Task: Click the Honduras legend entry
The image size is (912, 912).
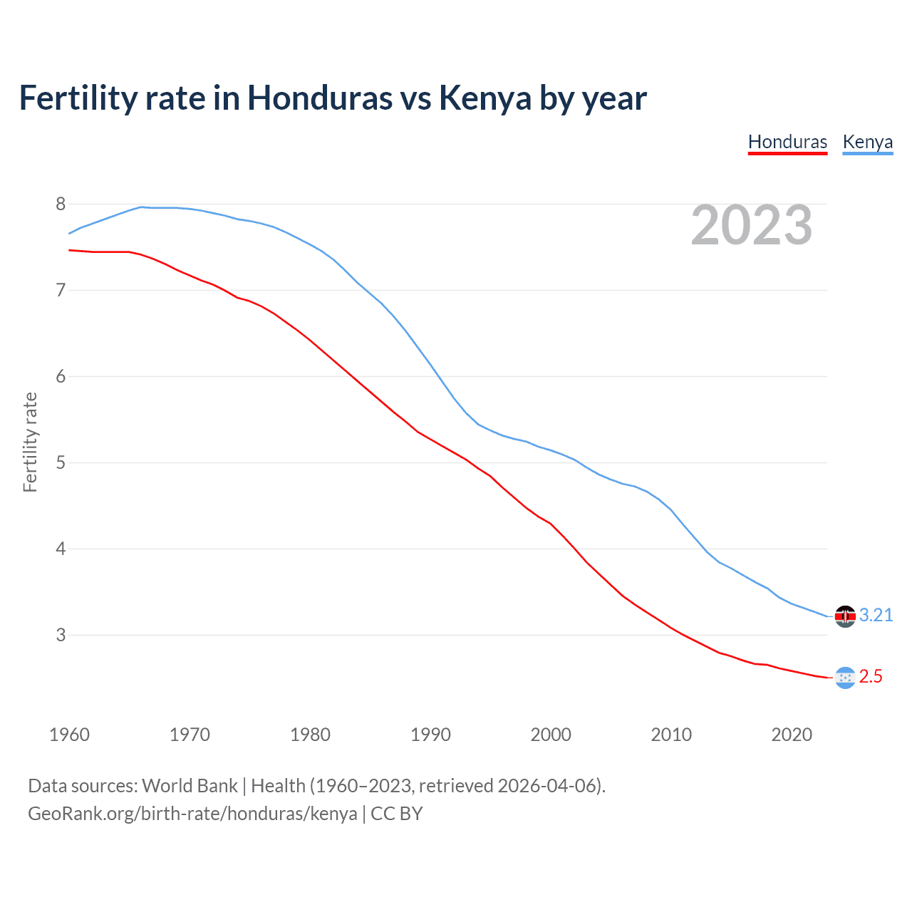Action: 787,142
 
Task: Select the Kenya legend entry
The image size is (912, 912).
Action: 867,142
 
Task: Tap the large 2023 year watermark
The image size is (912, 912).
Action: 751,225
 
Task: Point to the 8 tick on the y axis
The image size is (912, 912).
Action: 61,204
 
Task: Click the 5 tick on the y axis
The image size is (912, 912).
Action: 61,463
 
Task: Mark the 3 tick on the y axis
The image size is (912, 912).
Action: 61,635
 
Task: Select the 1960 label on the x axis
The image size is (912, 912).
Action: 69,735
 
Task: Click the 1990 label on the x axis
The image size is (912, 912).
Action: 430,735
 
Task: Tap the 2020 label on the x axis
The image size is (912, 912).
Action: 792,735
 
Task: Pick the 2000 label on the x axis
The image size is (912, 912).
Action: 551,735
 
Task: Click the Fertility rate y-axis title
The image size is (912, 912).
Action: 30,442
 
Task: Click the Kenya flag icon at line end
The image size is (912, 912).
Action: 845,616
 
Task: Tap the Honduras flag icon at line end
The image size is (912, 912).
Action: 845,678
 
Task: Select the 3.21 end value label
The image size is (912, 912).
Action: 876,616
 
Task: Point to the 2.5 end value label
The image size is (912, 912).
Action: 871,677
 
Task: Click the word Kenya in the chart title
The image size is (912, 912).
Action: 484,98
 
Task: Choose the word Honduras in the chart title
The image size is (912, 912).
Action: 319,98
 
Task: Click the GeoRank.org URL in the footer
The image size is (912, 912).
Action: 192,814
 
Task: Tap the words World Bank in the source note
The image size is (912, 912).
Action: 190,786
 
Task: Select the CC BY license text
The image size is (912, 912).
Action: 397,814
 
